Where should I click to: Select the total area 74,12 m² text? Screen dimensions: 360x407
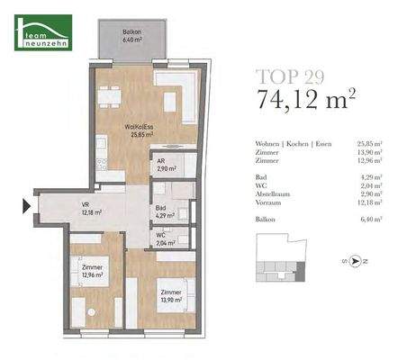click(305, 97)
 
